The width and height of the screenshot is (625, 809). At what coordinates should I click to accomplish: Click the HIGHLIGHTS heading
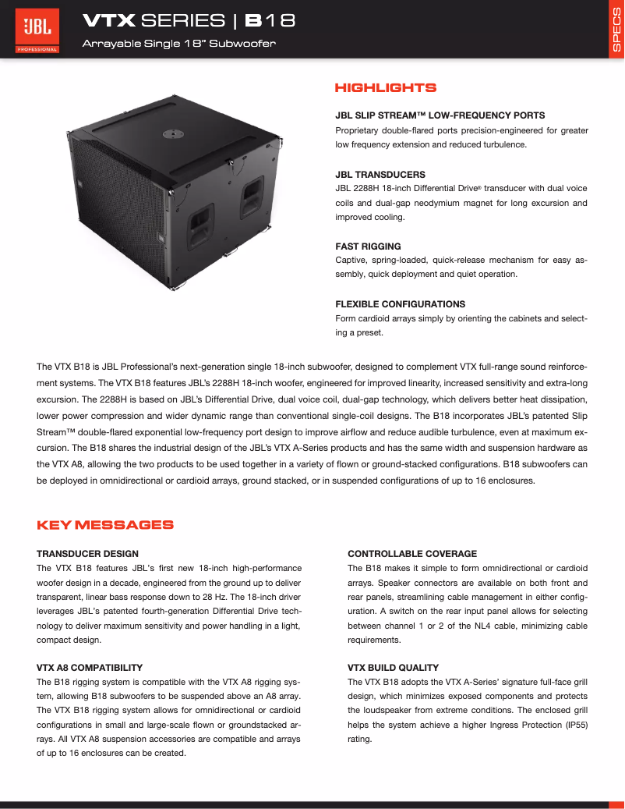385,88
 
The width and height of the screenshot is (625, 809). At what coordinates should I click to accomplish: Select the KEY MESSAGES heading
105,525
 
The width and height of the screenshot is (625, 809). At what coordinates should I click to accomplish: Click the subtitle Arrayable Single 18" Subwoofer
179,44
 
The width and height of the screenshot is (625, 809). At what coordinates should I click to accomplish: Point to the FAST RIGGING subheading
368,247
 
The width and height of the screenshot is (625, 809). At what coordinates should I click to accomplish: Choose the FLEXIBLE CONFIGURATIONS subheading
400,304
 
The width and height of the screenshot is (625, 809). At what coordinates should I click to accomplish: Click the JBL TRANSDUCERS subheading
380,175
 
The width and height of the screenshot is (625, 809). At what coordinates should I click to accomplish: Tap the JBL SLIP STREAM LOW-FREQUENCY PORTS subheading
440,115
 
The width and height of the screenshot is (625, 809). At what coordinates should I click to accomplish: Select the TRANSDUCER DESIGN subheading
87,554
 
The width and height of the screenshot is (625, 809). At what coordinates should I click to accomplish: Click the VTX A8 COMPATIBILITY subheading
90,668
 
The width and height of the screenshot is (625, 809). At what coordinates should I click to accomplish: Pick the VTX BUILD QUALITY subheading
393,668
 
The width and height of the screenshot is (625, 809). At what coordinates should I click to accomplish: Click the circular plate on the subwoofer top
171,134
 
